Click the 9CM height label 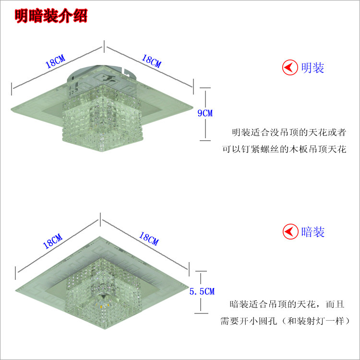(205, 113)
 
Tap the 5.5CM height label (202, 291)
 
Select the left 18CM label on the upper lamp (55, 62)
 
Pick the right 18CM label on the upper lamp (151, 60)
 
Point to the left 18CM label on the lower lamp (52, 240)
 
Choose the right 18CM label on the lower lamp (148, 239)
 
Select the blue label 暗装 (313, 232)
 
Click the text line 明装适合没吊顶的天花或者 (289, 132)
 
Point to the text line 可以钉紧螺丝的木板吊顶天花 (284, 149)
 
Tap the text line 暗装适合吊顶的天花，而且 (287, 304)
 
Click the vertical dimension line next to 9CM (205, 96)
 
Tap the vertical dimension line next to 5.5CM (202, 278)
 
